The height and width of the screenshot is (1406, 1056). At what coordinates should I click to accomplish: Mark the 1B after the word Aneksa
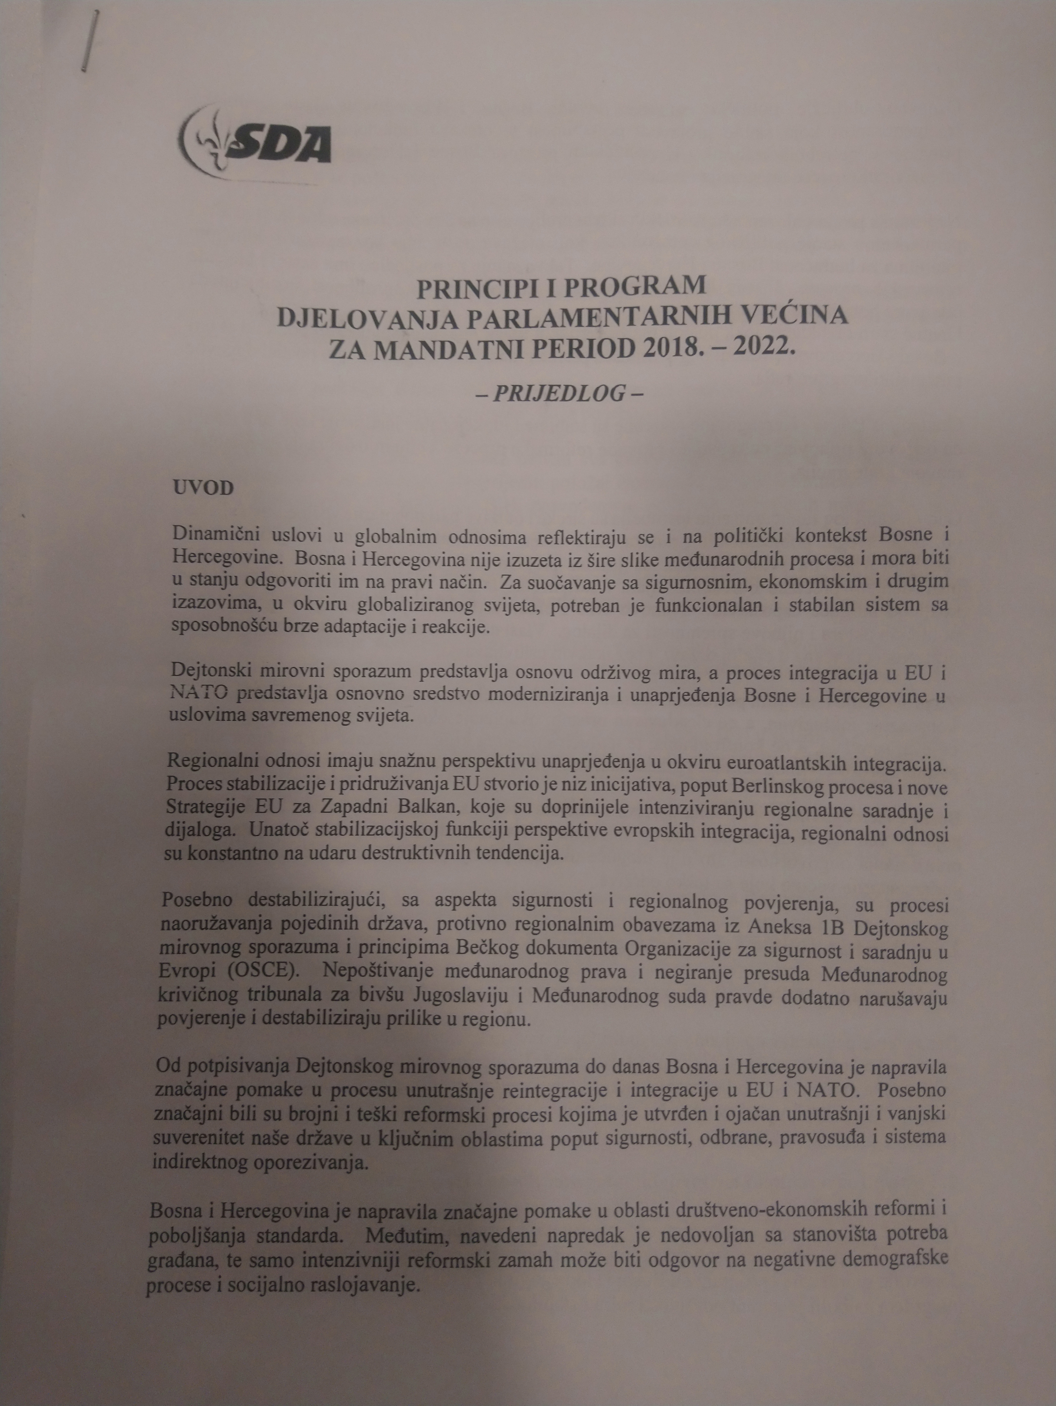pyautogui.click(x=831, y=928)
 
